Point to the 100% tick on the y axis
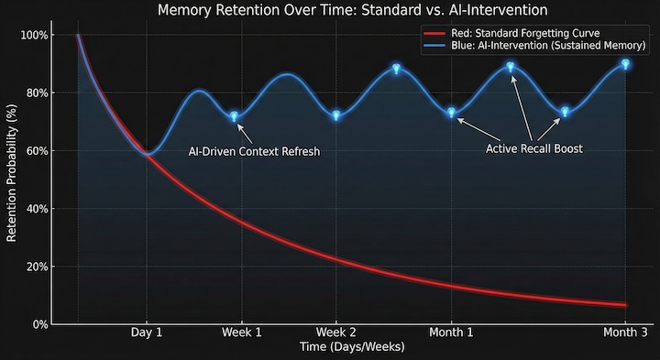(33, 36)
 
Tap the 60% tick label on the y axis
(36, 151)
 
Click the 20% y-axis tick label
(36, 267)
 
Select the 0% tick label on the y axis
(38, 324)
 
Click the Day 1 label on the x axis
(147, 333)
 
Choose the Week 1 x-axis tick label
(241, 333)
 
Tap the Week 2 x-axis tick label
(336, 333)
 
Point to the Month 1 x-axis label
(452, 333)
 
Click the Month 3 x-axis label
(624, 333)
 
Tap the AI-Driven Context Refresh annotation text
(254, 151)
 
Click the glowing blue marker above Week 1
(234, 116)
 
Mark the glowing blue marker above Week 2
(336, 115)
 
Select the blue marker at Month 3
(625, 64)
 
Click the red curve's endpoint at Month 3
(625, 305)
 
